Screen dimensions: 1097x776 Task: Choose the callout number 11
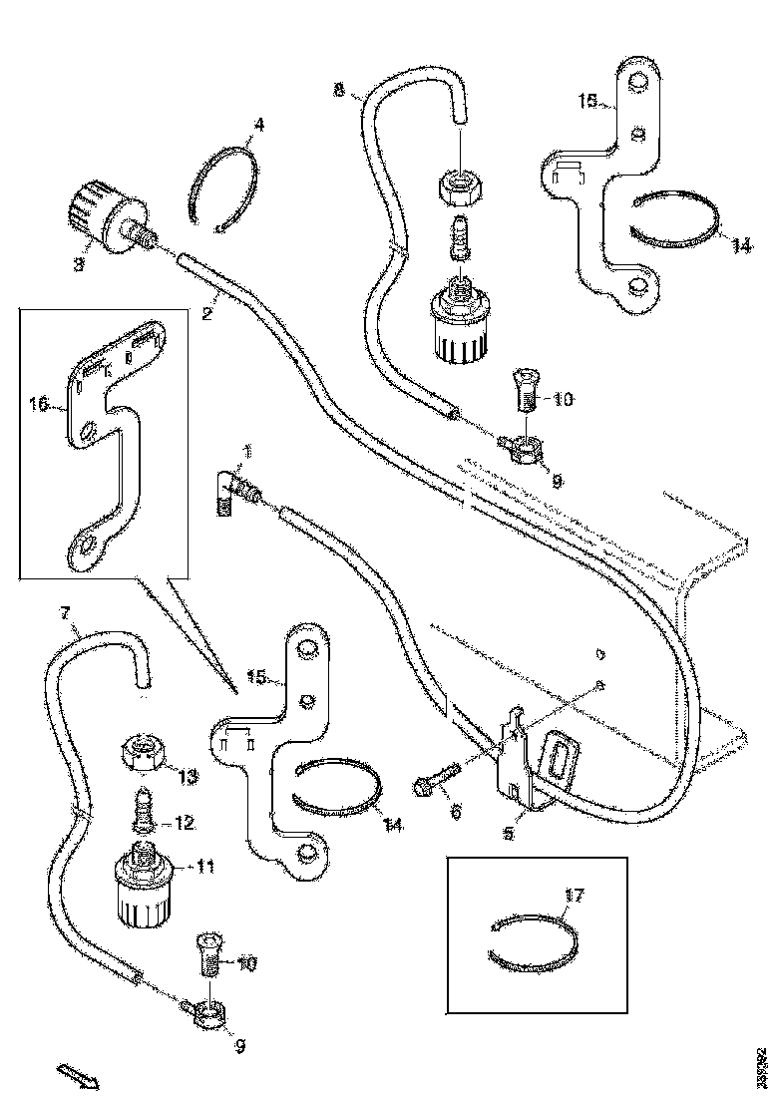[204, 867]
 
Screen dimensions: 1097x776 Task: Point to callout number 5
[508, 831]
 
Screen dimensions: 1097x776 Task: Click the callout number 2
[206, 315]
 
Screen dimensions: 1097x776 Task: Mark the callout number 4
[258, 126]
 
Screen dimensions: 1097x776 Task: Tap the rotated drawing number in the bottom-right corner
[763, 1066]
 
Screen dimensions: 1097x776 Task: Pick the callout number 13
[187, 776]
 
